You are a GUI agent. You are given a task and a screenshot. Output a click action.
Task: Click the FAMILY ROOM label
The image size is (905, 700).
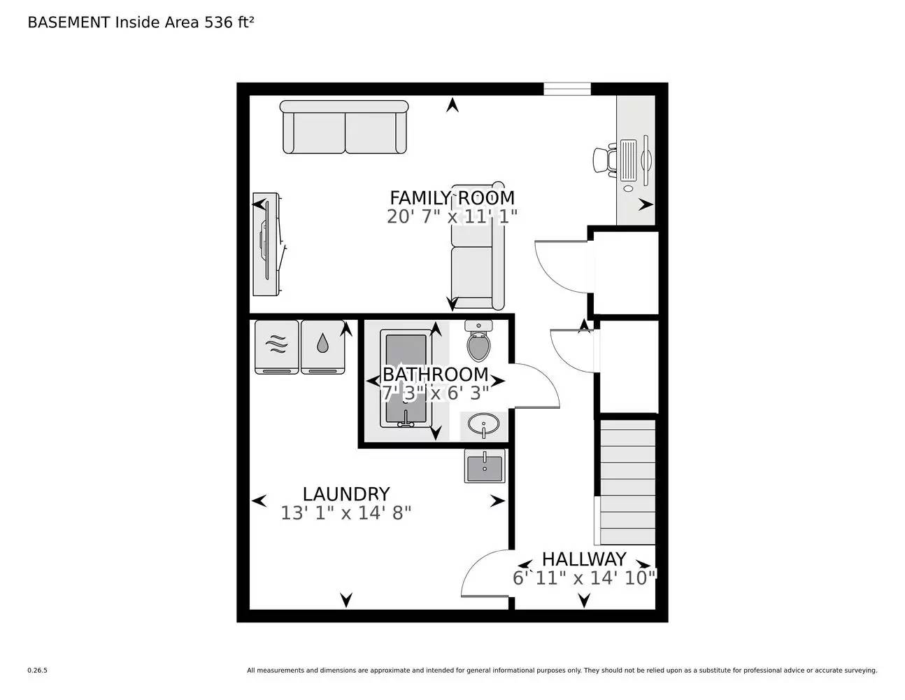452,197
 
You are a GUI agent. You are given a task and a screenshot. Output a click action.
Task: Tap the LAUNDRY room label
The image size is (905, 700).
345,494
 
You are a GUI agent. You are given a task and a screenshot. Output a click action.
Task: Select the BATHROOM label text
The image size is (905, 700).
435,374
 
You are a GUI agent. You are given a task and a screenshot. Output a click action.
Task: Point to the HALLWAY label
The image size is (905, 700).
584,559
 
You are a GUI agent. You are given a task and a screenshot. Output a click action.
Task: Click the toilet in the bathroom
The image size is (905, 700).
478,342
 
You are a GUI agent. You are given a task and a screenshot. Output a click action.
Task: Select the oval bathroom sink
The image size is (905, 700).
483,424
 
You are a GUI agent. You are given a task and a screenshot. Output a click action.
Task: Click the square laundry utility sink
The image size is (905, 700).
485,465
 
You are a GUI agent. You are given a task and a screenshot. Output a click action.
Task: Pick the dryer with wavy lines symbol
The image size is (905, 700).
277,346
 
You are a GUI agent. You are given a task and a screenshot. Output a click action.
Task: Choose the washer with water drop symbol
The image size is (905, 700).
322,346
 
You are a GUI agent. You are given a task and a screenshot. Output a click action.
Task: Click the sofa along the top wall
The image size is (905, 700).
344,127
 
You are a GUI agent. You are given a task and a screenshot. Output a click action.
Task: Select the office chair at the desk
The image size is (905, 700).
605,160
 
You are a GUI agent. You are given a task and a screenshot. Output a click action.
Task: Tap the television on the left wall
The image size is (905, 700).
268,244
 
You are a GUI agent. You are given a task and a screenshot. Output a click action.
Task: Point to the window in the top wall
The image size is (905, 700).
567,89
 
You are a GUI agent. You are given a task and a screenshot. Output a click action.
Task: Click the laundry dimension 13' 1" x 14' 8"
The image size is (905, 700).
345,513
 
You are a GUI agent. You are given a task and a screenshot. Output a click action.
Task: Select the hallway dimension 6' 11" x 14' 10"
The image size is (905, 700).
584,578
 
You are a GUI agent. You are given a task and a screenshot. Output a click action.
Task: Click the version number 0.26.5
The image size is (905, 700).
37,671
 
